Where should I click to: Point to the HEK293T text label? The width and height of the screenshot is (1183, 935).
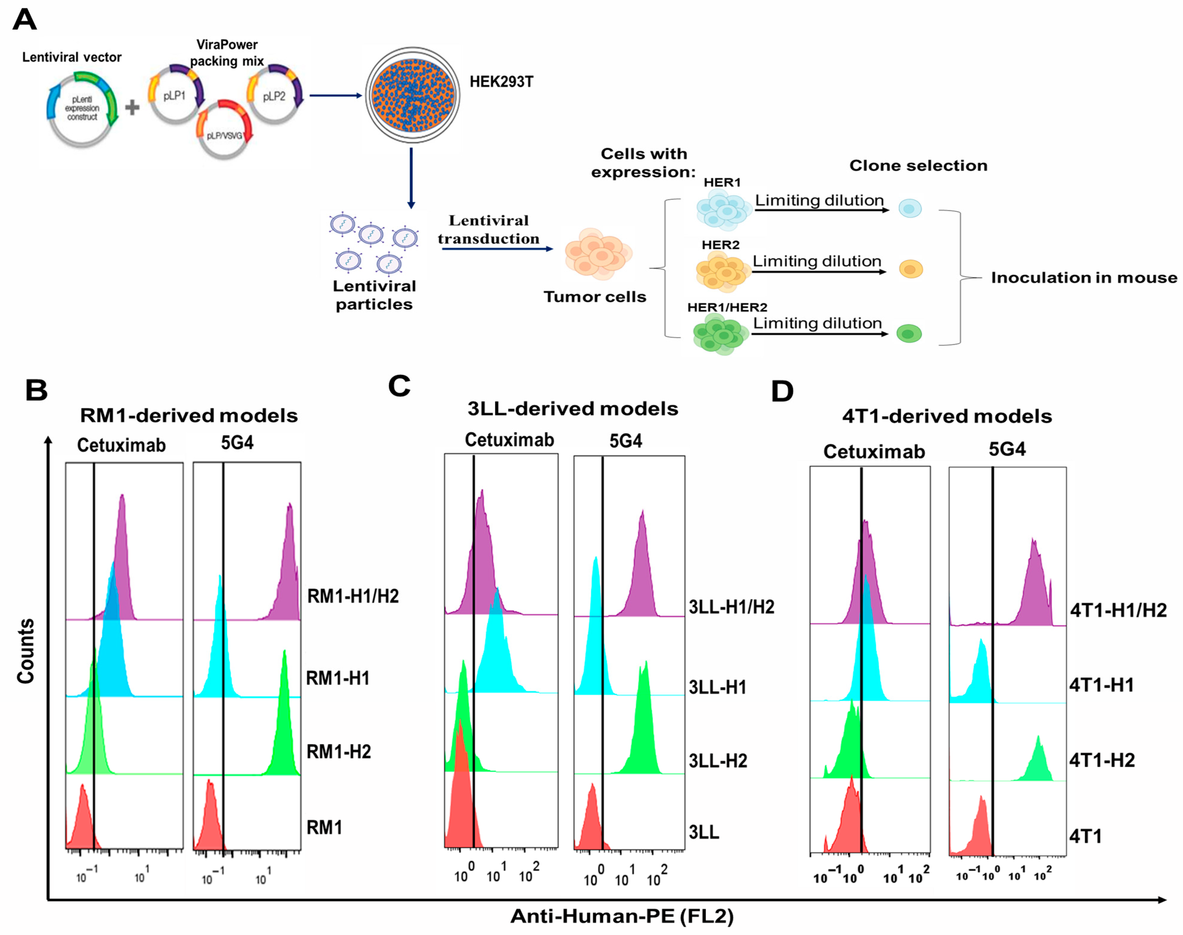point(501,82)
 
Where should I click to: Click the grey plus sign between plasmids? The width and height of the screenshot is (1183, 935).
point(132,107)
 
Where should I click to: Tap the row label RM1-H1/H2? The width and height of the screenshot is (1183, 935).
point(353,596)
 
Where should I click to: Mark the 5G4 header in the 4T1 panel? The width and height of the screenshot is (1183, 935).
point(1007,450)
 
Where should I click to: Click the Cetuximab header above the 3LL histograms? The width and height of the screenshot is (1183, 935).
point(509,440)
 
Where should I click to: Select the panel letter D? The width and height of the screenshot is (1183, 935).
point(782,391)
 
